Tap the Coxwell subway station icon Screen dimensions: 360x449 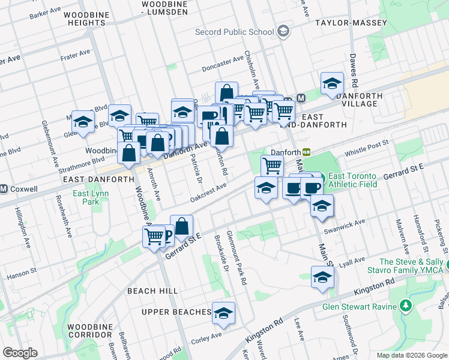coord(4,189)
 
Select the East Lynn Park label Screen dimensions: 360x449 coord(90,197)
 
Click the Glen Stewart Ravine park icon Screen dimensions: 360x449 coord(406,307)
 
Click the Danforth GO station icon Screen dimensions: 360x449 coord(306,153)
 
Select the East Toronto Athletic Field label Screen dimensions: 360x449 coord(353,180)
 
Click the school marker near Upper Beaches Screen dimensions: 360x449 coord(223,313)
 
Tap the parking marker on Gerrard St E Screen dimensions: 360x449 coord(168,236)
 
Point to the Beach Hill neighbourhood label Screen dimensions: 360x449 coord(152,290)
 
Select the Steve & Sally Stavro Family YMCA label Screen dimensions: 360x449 coord(413,266)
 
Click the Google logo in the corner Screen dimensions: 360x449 coord(20,353)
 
